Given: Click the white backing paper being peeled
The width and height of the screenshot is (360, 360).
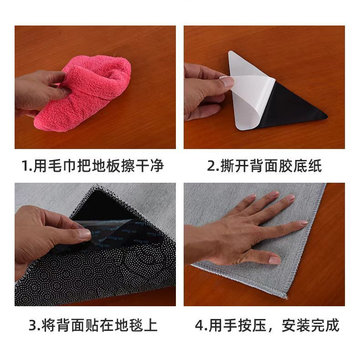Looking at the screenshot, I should (x=246, y=100).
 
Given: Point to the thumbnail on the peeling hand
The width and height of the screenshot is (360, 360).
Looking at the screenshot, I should (x=226, y=82).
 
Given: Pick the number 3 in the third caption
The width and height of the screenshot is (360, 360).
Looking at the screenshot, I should (x=33, y=325).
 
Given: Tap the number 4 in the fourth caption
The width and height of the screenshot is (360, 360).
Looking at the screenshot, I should (x=199, y=325).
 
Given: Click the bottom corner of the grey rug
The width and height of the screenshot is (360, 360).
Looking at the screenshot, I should (x=286, y=295).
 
